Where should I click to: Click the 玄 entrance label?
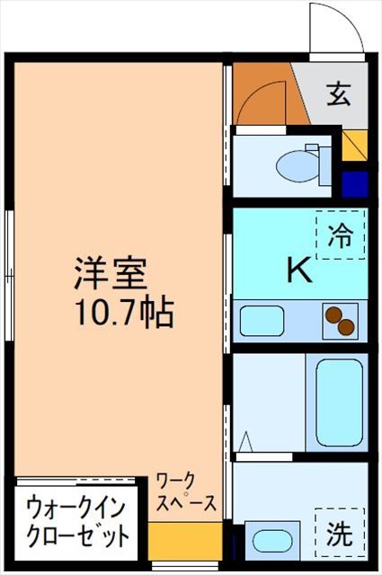(x=339, y=94)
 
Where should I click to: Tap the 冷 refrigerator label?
(x=341, y=235)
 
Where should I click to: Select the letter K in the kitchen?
(x=298, y=270)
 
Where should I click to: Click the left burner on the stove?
(x=333, y=315)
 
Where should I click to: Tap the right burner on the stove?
(x=347, y=328)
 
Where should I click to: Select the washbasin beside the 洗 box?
(x=270, y=543)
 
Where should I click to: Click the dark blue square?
(x=355, y=183)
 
